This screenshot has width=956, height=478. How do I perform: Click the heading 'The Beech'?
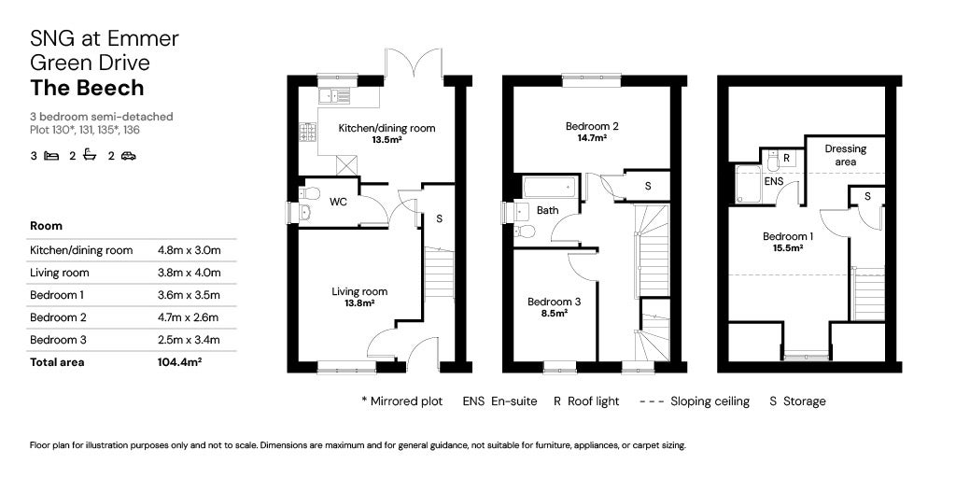[88, 88]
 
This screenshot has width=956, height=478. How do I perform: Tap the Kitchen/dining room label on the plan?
[387, 128]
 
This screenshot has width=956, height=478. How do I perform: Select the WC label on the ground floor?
[338, 201]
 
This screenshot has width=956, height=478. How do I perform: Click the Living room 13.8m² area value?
[359, 303]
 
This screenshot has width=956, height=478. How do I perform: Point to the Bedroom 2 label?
[592, 126]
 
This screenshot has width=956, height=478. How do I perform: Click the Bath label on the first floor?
[547, 210]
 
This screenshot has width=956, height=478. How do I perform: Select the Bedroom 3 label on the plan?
[555, 302]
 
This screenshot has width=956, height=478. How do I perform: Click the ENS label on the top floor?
[774, 181]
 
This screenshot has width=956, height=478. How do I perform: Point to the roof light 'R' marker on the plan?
[787, 158]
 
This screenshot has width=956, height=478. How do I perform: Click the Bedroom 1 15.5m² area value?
[789, 248]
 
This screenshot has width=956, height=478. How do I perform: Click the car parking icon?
[128, 156]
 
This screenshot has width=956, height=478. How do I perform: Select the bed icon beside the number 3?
[51, 156]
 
